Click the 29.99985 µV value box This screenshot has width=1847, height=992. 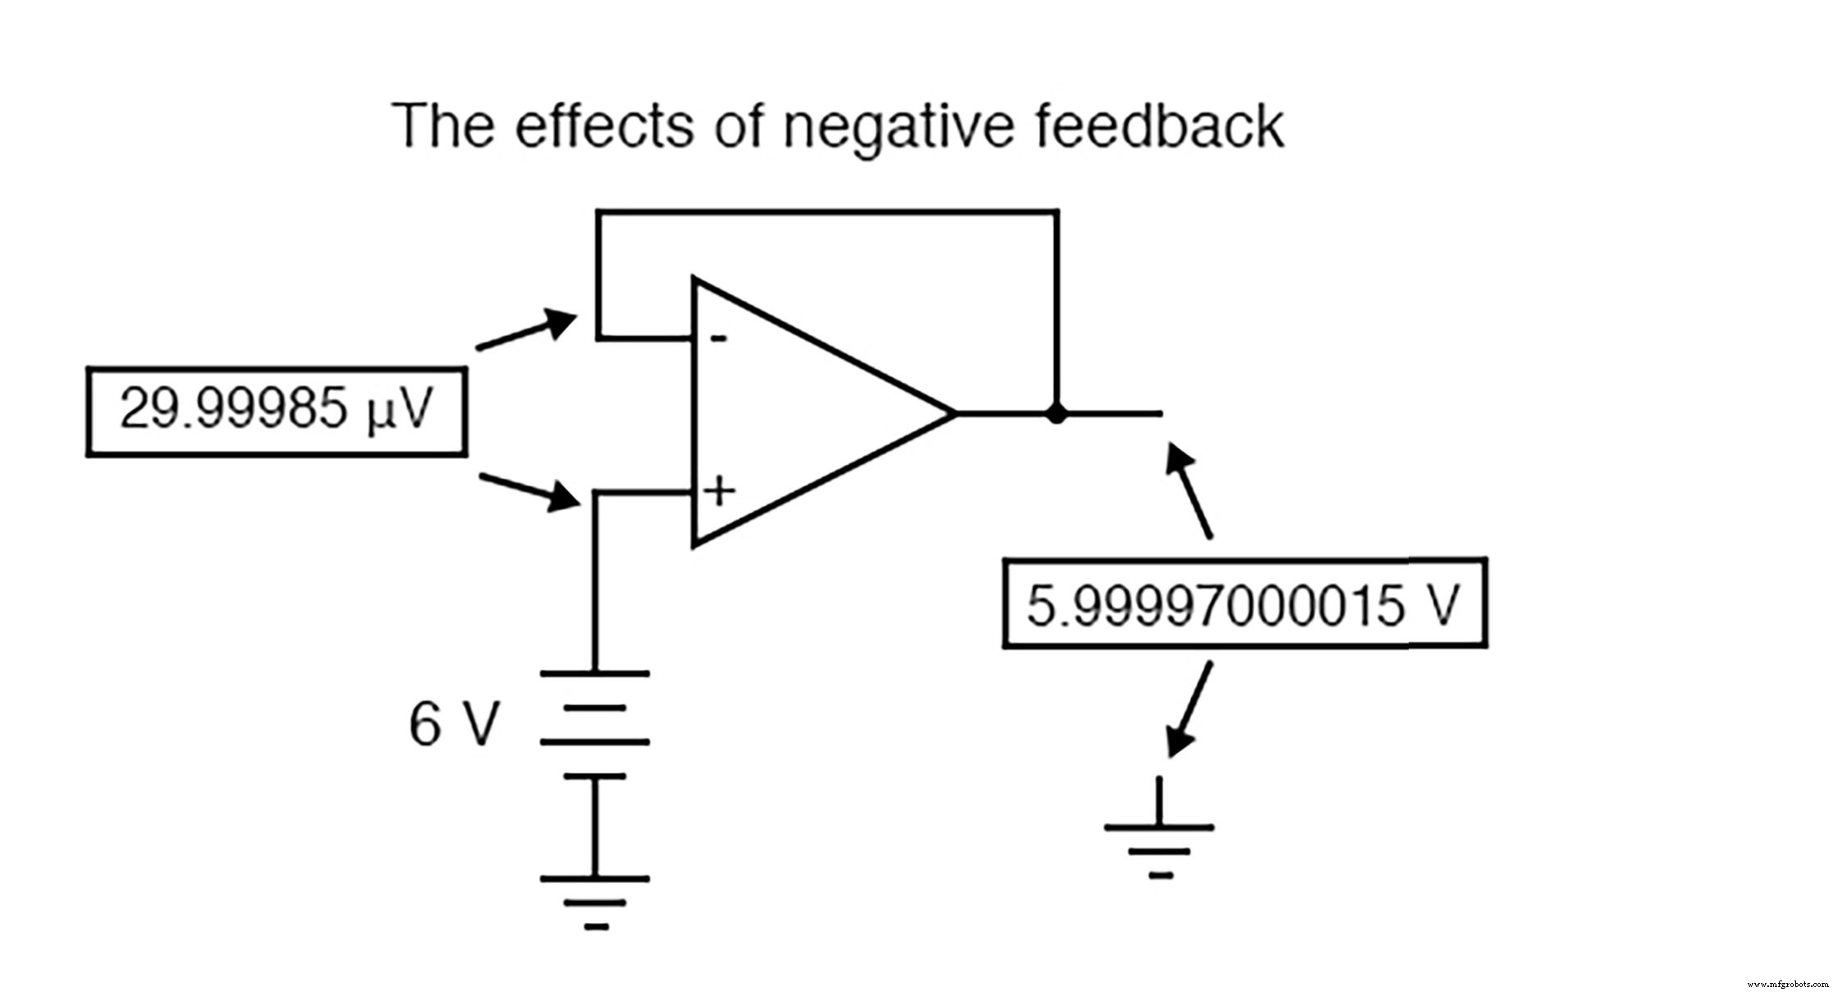(x=277, y=411)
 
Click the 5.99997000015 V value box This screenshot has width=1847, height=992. (x=1244, y=604)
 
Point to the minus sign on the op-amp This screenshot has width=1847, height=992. (x=718, y=338)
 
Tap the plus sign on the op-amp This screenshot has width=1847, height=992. (x=719, y=491)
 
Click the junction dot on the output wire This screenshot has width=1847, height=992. (x=1056, y=413)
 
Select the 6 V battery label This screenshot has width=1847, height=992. (x=453, y=724)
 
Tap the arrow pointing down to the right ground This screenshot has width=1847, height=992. (x=1189, y=710)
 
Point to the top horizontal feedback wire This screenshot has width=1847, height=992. (x=827, y=212)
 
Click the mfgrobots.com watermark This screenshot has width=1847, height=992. (x=1787, y=984)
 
